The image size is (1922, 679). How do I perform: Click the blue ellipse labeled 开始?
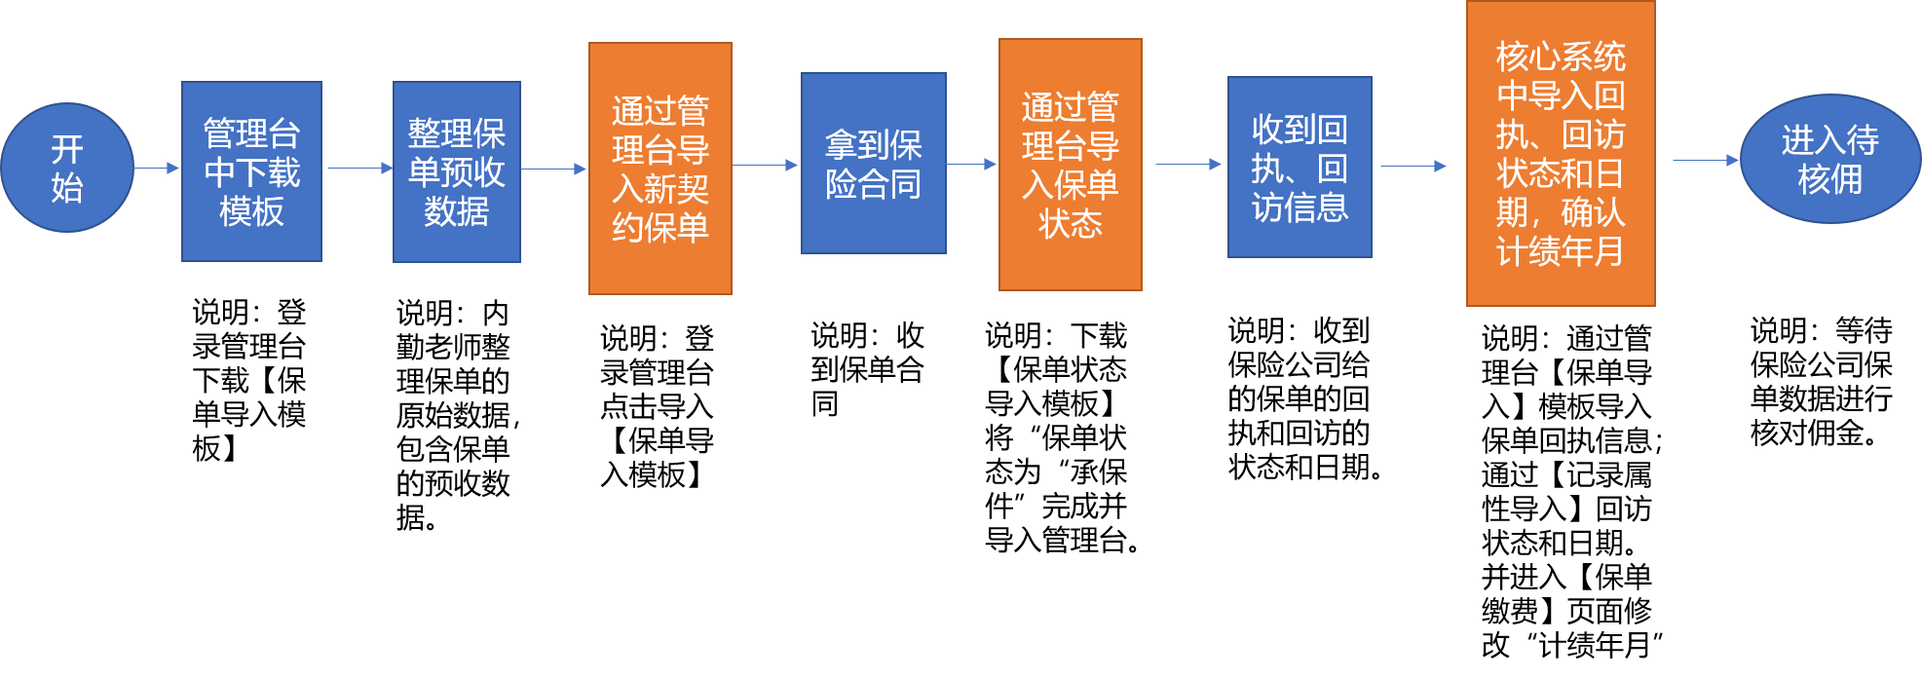click(66, 168)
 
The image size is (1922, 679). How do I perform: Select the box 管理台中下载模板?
click(251, 171)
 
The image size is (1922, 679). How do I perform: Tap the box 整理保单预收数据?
click(456, 171)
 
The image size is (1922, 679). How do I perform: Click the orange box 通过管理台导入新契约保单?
click(660, 168)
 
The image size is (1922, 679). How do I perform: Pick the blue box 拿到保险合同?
click(873, 164)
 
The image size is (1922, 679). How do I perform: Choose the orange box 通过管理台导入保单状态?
click(1070, 165)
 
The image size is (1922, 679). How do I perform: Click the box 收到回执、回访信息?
click(1300, 167)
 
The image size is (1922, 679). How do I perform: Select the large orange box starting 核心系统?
click(1560, 154)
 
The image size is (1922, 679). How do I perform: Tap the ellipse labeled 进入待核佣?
click(1829, 159)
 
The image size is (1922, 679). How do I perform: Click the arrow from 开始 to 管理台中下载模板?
click(157, 168)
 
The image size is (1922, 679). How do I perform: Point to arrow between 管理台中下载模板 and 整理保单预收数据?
click(358, 168)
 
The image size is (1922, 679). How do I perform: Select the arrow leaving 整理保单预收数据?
click(554, 169)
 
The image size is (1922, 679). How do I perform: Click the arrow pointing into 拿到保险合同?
click(766, 165)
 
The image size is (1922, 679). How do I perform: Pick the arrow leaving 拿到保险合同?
click(971, 165)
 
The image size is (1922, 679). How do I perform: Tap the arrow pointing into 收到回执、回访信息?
click(1187, 164)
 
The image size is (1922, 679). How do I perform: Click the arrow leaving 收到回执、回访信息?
click(1413, 166)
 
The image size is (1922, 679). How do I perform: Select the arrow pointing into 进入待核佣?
click(1706, 160)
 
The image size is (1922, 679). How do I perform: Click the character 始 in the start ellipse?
click(67, 187)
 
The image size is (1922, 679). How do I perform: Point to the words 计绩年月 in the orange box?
click(1560, 252)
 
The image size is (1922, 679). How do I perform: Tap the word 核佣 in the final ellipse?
click(1829, 179)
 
